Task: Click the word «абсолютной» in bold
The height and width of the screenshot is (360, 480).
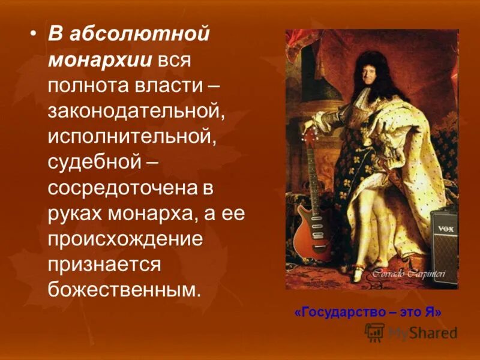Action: click(x=139, y=34)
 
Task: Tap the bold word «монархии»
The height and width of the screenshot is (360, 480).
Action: click(x=101, y=60)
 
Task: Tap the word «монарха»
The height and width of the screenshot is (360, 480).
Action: click(x=161, y=214)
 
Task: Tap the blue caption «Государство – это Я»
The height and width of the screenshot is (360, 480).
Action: click(x=368, y=312)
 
